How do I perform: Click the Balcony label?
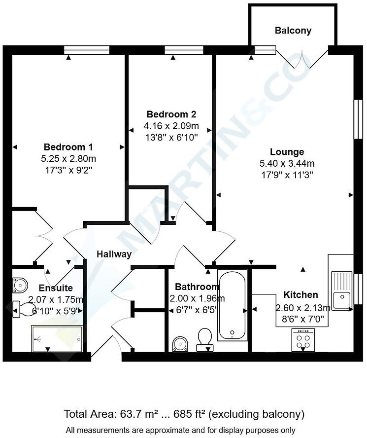293,31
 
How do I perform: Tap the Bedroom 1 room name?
68,147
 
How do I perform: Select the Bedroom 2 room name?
170,114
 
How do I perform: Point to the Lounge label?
287,152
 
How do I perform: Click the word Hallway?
114,255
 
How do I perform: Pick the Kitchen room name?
300,295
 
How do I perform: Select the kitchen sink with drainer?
340,291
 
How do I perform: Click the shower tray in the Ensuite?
57,338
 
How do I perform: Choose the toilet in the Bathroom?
204,340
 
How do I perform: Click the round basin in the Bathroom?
180,344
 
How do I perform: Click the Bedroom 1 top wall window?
87,49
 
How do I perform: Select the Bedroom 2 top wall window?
184,49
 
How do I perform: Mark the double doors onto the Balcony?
301,57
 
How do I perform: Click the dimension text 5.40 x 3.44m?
287,163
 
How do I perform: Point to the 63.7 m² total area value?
139,414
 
